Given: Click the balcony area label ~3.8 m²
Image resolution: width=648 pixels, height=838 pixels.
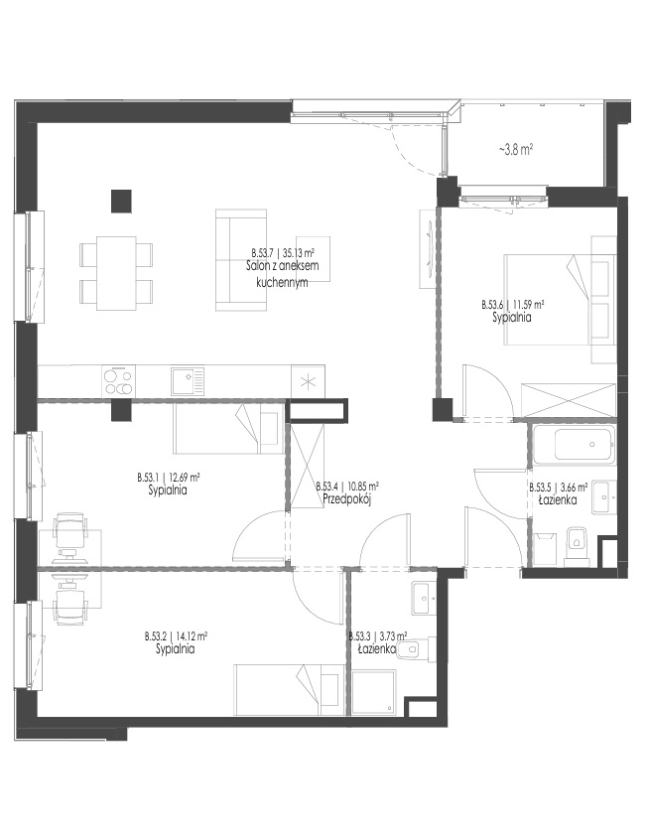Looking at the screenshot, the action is pos(517,150).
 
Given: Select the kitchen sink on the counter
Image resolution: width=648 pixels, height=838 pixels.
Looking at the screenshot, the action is pos(188,381).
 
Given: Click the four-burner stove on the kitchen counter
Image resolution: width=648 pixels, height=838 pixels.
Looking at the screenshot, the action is pos(119,381).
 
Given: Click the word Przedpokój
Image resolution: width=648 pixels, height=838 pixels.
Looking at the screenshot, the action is pos(346,499).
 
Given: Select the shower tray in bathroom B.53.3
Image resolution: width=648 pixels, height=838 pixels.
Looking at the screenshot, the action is pos(374,693).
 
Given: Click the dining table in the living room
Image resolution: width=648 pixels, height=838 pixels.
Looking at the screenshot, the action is pos(115,273).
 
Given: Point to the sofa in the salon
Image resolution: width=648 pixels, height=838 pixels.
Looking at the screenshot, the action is pos(240,260).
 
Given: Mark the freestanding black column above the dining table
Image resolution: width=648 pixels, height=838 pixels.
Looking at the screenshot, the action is pos(121,201).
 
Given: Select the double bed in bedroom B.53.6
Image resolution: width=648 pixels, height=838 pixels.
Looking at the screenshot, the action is pos(560,299).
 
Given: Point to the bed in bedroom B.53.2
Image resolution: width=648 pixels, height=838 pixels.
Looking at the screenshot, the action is pos(290,690).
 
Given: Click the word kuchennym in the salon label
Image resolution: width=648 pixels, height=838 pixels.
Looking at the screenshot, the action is pos(282,283).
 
